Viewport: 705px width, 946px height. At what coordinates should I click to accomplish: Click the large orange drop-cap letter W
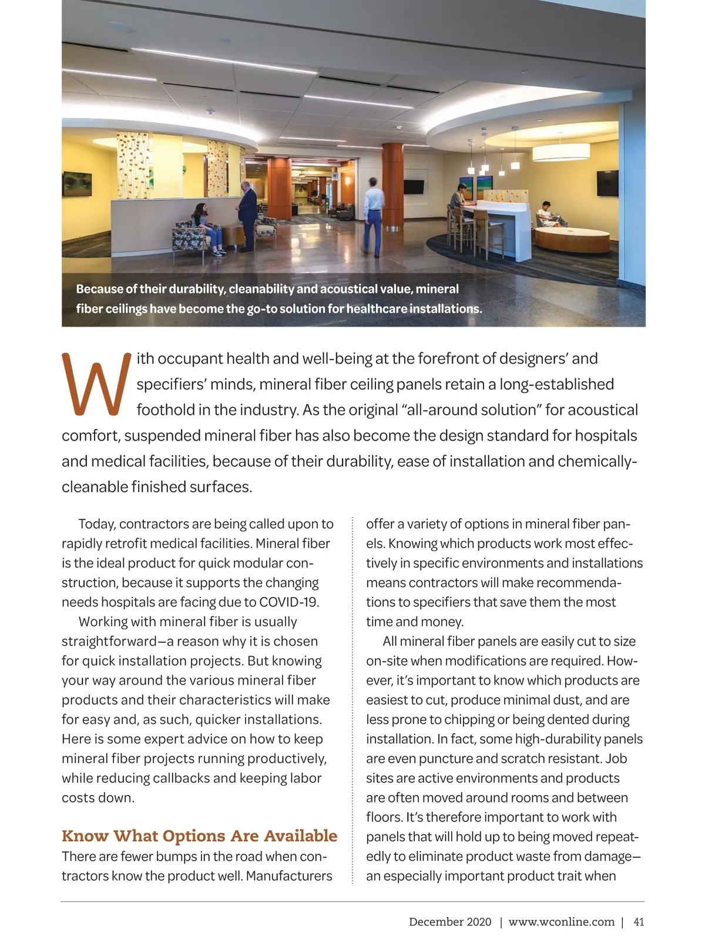tap(95, 384)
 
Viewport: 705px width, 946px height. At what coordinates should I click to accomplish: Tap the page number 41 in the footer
tap(639, 922)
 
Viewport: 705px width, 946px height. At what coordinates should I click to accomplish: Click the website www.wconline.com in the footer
tap(561, 922)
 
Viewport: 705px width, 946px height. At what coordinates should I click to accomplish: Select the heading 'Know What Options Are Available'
tap(199, 836)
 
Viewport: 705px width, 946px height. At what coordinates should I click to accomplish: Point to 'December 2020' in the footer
tap(450, 922)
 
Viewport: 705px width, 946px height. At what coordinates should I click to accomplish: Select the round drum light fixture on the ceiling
tap(561, 152)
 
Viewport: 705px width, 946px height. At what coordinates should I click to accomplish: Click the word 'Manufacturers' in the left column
tap(289, 876)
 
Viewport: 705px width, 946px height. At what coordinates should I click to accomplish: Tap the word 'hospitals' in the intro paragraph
tap(606, 436)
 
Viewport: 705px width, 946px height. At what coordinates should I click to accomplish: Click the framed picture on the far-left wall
tap(76, 184)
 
